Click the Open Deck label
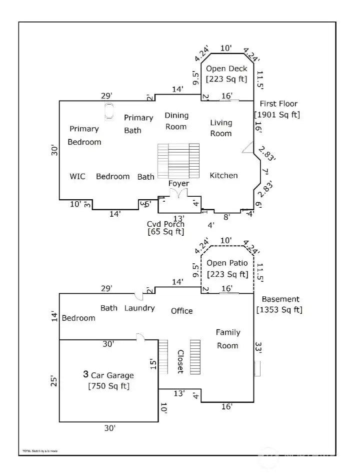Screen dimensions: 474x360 [226, 69]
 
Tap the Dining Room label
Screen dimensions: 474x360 [176, 121]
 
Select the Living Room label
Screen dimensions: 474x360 [221, 128]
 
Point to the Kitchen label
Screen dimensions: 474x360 [223, 175]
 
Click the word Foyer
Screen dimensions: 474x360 [178, 184]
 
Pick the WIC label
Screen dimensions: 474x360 [77, 176]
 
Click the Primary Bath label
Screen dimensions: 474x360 [138, 124]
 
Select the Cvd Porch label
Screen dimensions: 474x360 [165, 224]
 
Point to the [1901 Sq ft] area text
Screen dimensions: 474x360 [277, 115]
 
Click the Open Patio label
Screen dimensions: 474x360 [227, 263]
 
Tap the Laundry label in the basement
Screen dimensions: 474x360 [139, 308]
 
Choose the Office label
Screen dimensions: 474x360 [181, 311]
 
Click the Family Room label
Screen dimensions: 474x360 [227, 339]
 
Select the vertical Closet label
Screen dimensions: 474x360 [179, 361]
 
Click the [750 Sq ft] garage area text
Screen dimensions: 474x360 [108, 386]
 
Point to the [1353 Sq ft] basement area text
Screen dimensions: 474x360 [279, 309]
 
